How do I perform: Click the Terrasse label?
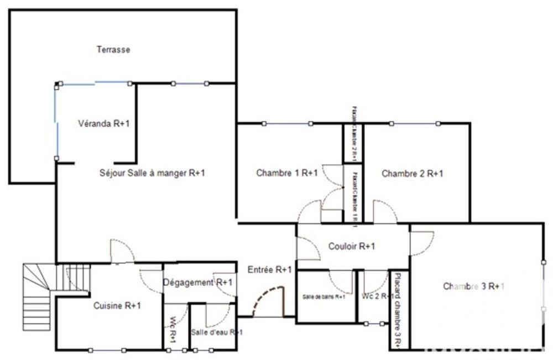[113, 50]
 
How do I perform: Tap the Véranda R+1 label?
[104, 124]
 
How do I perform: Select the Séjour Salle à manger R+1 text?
[152, 173]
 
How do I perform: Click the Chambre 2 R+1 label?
[413, 174]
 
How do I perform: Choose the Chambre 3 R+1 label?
[474, 286]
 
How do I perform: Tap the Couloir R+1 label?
[352, 247]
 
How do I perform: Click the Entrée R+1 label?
[270, 270]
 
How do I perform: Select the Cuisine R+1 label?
[117, 305]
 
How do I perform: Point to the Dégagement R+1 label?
[198, 283]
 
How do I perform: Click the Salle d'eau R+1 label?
[216, 332]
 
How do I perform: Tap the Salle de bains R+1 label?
[324, 297]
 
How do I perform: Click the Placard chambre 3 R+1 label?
[398, 310]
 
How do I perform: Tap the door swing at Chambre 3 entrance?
[421, 242]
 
